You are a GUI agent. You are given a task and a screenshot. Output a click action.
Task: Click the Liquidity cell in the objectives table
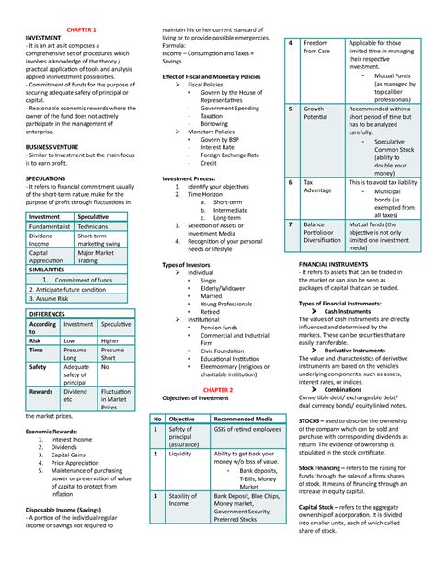pyautogui.click(x=180, y=454)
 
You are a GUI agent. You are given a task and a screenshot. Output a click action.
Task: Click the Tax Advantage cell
pyautogui.click(x=317, y=188)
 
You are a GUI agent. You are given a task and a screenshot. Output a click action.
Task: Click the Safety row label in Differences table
pyautogui.click(x=38, y=366)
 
